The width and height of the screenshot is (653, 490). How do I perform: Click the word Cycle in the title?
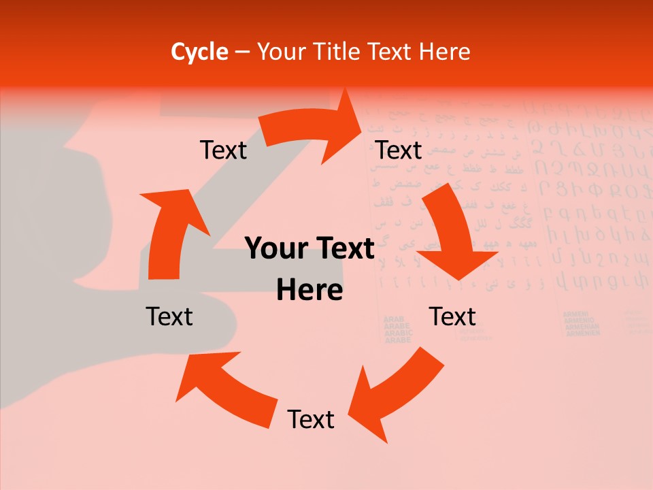(x=199, y=52)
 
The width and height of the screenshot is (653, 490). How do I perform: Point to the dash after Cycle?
(x=242, y=52)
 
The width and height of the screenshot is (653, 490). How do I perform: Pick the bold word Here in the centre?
(x=309, y=290)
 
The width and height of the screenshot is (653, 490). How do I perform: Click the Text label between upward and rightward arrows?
(x=223, y=150)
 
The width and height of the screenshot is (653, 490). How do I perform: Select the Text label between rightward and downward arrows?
(x=399, y=150)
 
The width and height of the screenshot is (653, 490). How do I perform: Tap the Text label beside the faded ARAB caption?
(x=452, y=316)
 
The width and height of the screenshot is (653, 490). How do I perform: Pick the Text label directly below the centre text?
(x=311, y=419)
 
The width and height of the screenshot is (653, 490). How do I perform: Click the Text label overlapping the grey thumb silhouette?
(x=169, y=316)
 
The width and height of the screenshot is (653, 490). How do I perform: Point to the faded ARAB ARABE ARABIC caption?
(x=397, y=329)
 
